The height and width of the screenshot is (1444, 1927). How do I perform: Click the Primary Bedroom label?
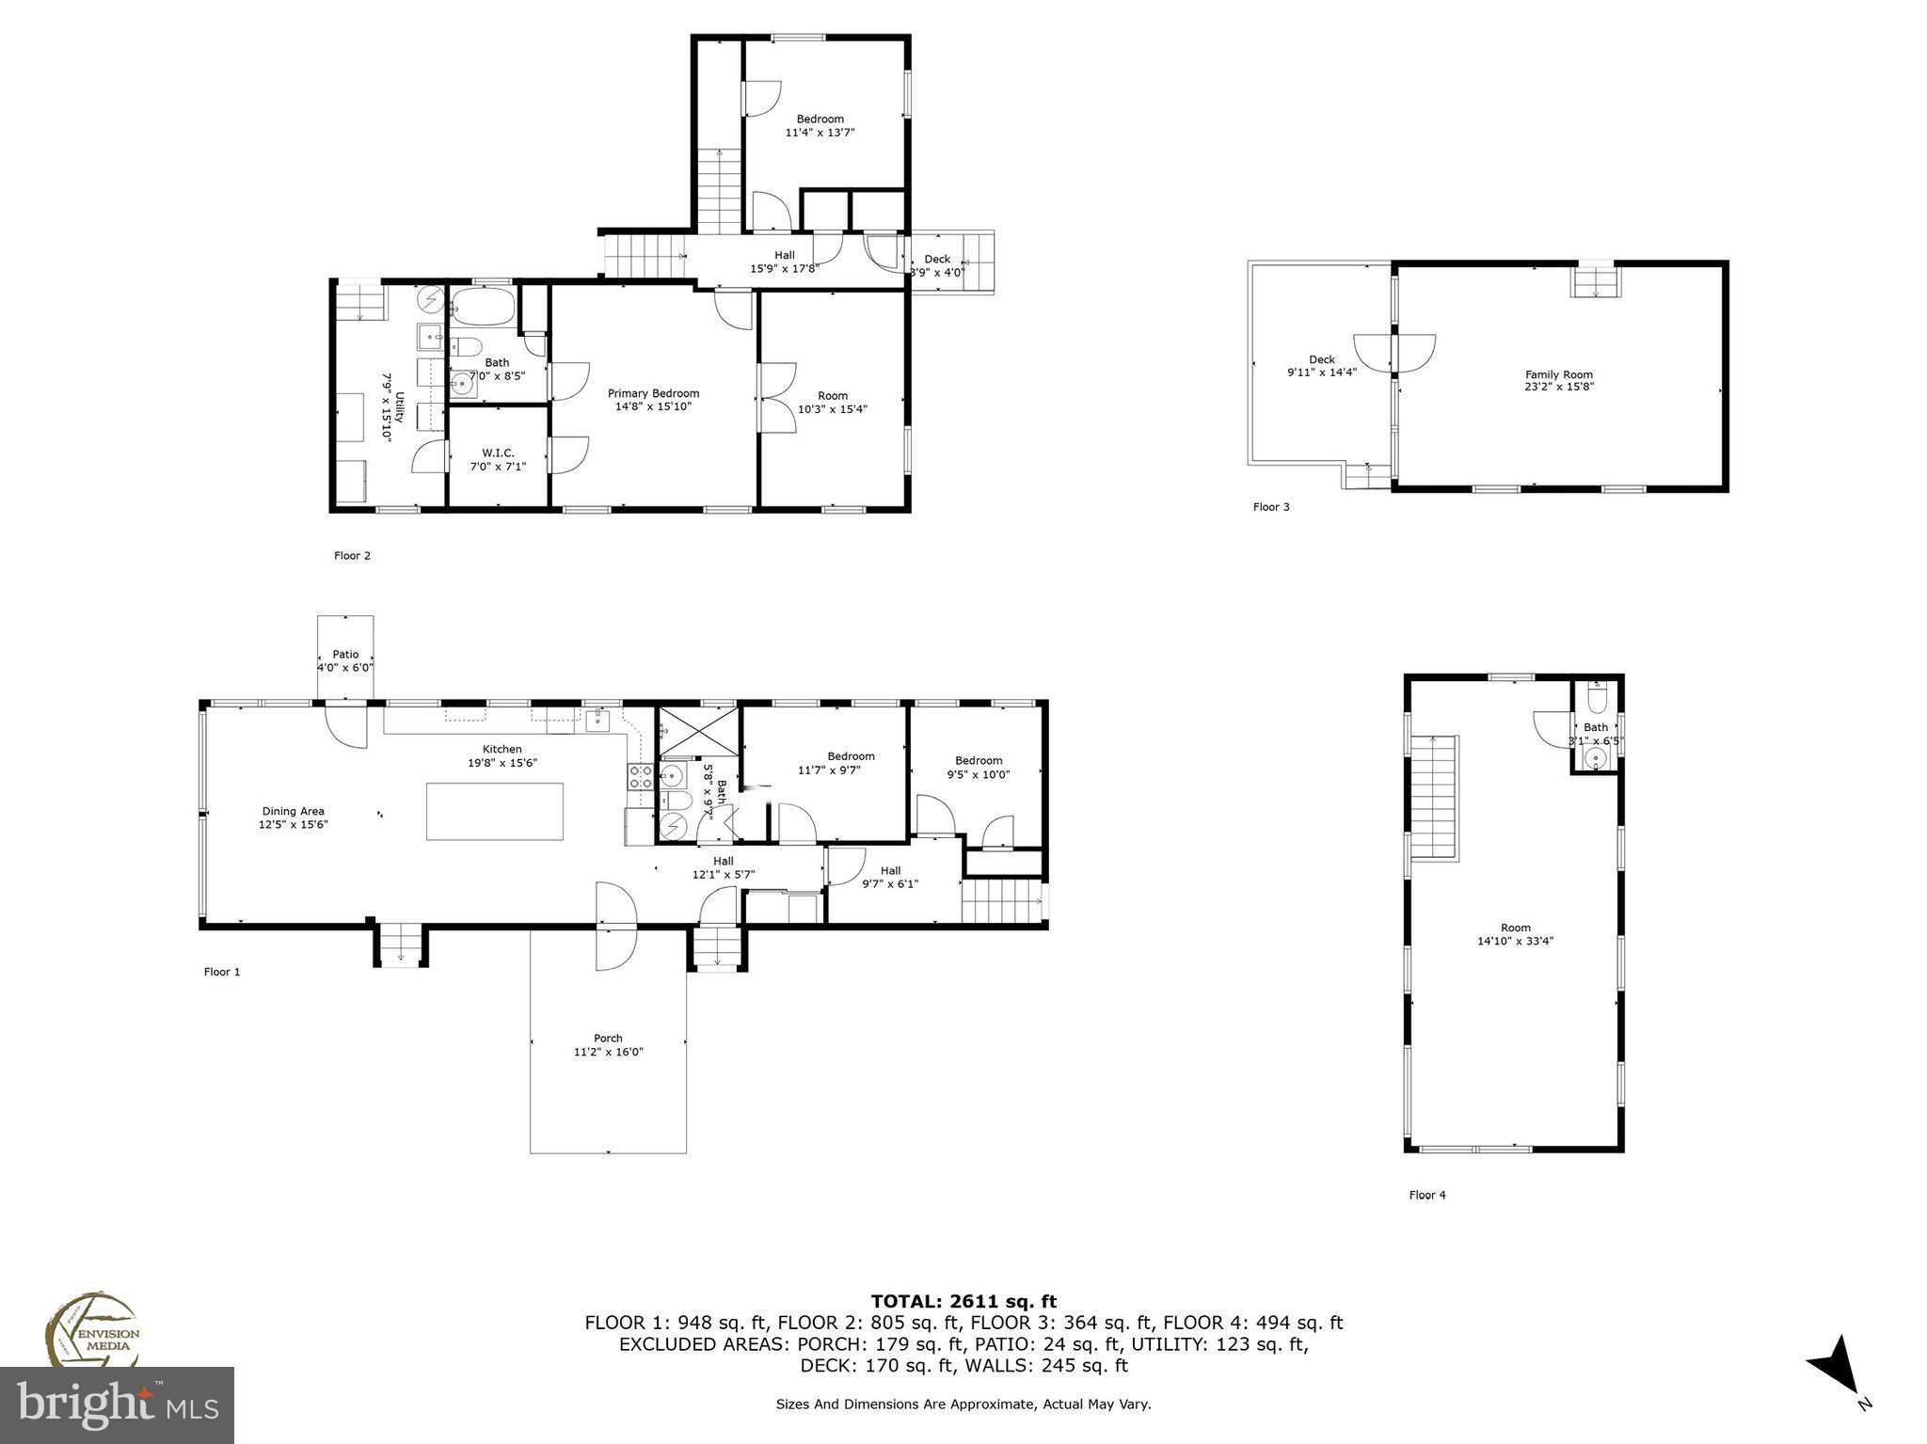click(653, 393)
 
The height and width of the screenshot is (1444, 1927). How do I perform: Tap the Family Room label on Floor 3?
click(1559, 374)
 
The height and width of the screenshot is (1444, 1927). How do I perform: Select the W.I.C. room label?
click(498, 452)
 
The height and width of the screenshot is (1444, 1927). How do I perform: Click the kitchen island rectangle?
click(495, 811)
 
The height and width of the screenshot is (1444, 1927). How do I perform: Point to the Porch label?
click(608, 1039)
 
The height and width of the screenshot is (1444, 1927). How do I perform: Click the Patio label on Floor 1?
click(345, 654)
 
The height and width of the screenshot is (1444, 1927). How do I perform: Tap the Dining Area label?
click(293, 811)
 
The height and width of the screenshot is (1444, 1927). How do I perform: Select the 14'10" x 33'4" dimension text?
click(1515, 941)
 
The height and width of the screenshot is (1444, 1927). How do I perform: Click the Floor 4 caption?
click(1426, 1195)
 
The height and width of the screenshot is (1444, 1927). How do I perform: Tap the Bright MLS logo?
click(117, 1404)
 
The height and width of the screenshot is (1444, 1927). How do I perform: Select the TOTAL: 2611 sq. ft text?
click(963, 1302)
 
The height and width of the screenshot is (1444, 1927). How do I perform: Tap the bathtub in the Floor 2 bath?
click(483, 307)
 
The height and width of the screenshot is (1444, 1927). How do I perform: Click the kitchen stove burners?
click(641, 777)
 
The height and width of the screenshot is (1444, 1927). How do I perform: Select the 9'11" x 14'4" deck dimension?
click(1321, 373)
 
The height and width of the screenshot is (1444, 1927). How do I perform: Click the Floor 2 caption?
click(352, 555)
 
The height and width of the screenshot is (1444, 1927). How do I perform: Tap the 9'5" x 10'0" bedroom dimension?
click(978, 774)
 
